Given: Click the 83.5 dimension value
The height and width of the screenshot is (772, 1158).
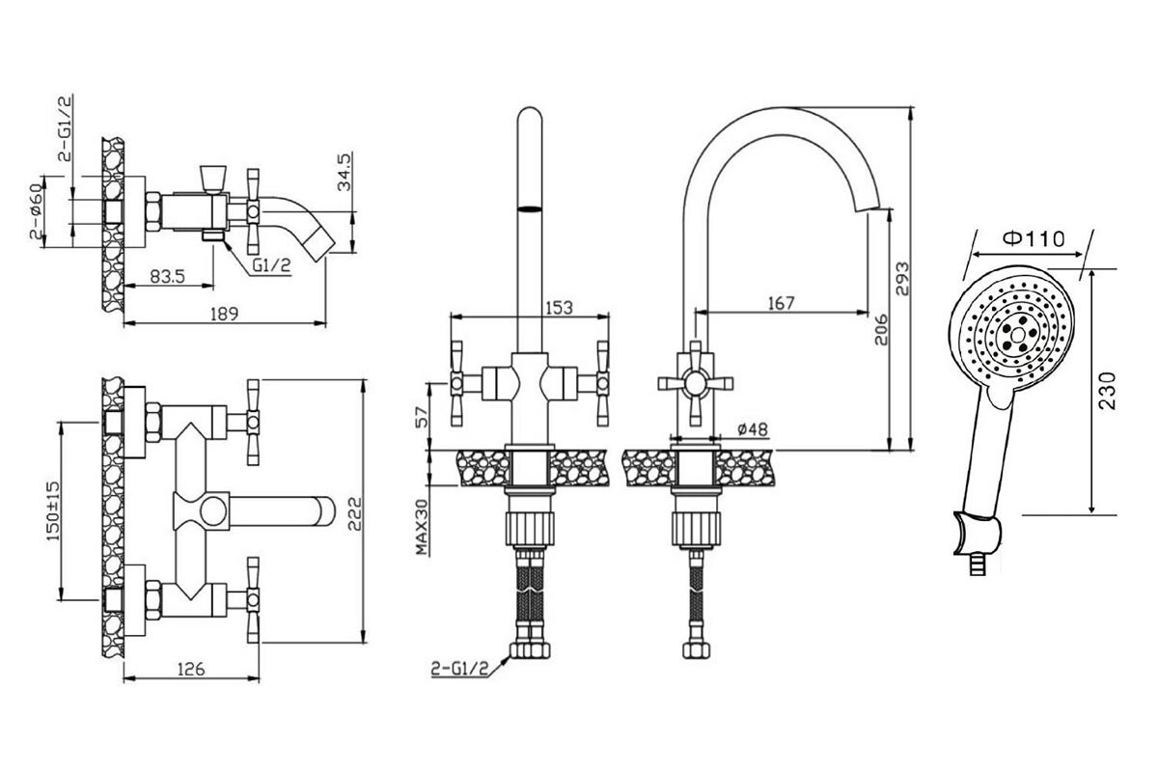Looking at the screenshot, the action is pos(167,277).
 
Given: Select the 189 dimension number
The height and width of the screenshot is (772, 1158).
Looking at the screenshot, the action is pos(224,314).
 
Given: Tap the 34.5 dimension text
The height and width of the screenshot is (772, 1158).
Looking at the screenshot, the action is pos(345,172).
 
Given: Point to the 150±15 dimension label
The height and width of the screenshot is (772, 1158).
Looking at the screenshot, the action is pos(54,511).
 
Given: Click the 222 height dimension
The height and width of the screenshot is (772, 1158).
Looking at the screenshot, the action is pos(355,513).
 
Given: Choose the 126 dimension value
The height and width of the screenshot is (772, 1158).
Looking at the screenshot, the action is pos(191,669).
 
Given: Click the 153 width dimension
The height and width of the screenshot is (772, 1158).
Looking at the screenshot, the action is pos(560,308).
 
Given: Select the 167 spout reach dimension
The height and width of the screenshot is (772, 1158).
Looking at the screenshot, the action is pos(781,303).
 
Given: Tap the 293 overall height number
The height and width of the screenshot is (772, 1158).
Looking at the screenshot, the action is pos(901,279).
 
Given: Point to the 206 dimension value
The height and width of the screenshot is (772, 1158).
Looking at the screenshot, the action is pos(881,330).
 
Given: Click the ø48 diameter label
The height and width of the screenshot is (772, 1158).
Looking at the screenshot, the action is pos(753,428).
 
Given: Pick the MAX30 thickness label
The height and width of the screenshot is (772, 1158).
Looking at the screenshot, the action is pos(423,527).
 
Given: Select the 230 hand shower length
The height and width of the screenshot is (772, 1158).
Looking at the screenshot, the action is pos(1107,391).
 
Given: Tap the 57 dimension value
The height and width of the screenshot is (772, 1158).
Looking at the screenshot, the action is pos(423,417).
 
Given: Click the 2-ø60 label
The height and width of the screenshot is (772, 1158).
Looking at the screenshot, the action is pos(36,211).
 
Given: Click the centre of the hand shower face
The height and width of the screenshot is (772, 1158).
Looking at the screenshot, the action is pos(1017,336).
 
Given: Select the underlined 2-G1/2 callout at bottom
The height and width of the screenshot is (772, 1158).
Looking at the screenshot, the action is pos(460,669).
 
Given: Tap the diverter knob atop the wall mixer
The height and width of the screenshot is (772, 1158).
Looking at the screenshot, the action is pos(212,179).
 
